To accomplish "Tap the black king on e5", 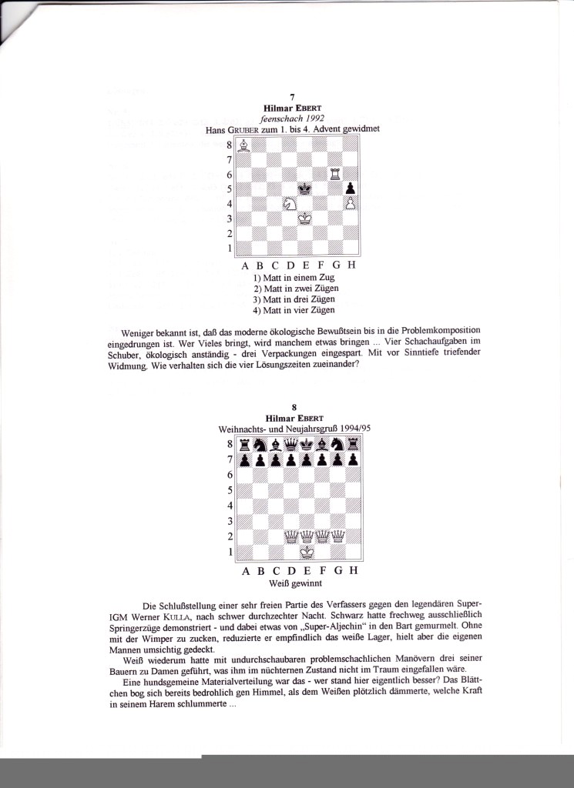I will pyautogui.click(x=305, y=189).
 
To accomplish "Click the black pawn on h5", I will pyautogui.click(x=351, y=189).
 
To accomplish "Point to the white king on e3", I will pyautogui.click(x=305, y=219).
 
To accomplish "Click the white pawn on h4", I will pyautogui.click(x=351, y=204).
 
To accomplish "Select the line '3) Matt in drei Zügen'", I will pyautogui.click(x=294, y=299).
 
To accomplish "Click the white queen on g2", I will pyautogui.click(x=337, y=536).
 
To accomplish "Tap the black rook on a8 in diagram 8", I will pyautogui.click(x=245, y=444).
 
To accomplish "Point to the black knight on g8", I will pyautogui.click(x=337, y=444).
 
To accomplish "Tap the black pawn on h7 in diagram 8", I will pyautogui.click(x=352, y=459).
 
